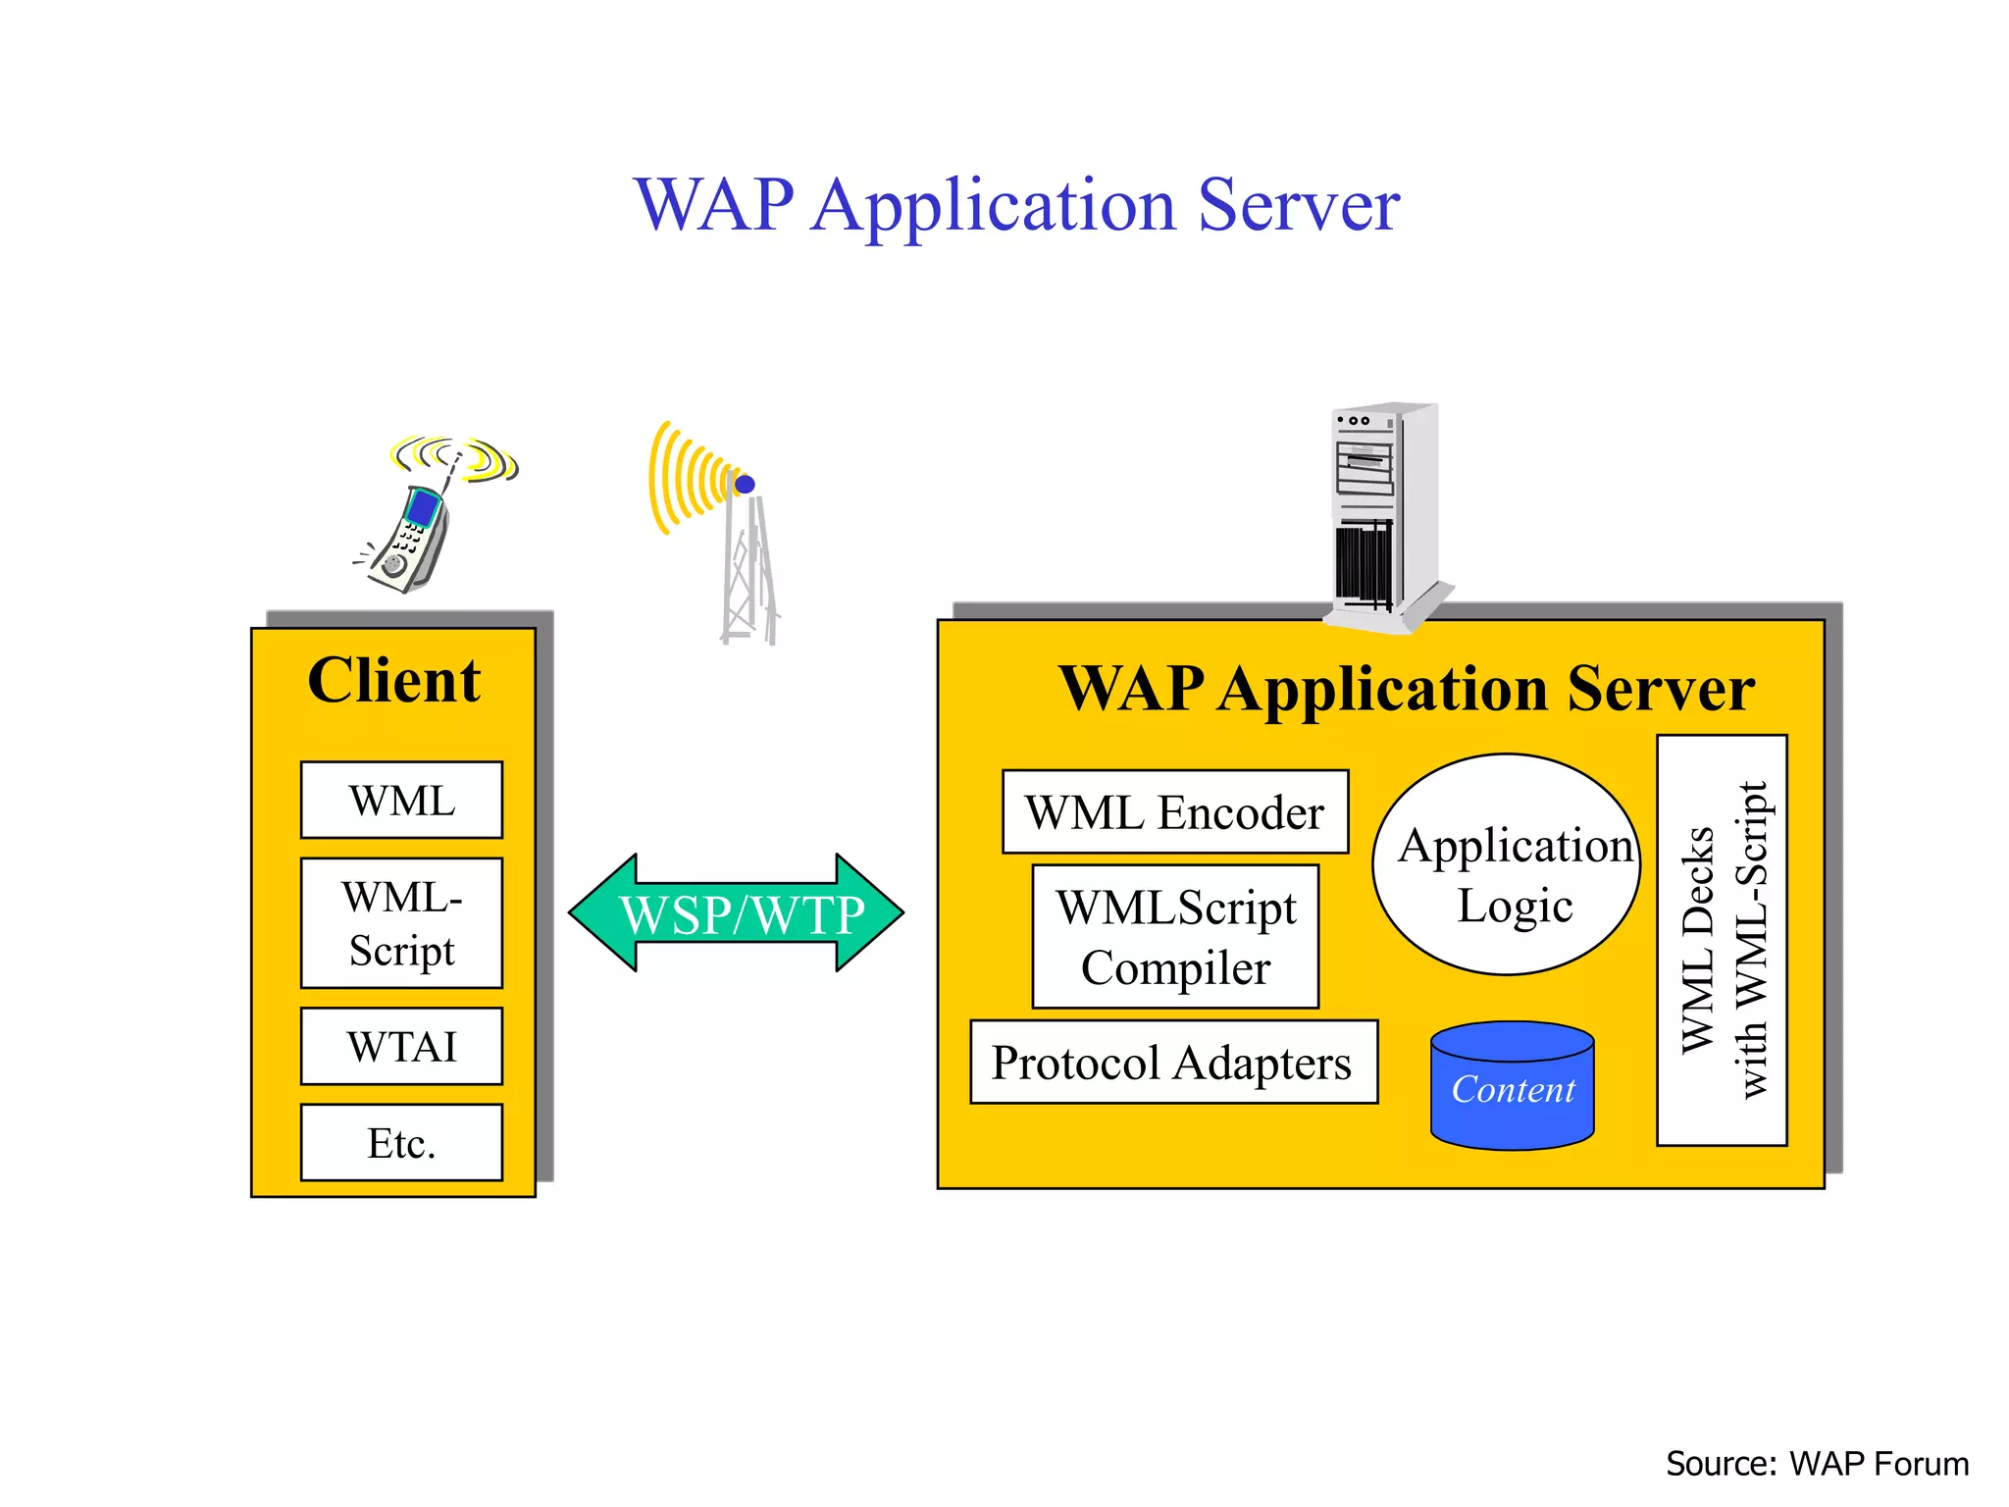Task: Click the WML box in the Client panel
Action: (401, 800)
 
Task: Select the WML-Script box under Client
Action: (401, 923)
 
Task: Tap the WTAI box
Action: (401, 1046)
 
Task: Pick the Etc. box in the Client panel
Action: (401, 1143)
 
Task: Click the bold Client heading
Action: (393, 680)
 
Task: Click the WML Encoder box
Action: (1174, 812)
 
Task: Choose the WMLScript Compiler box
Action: (1175, 937)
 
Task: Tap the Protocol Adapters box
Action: (1173, 1063)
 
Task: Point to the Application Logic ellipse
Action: (1508, 865)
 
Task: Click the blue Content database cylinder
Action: (1512, 1087)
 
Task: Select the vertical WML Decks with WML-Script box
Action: (1722, 940)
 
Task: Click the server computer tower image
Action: (1383, 515)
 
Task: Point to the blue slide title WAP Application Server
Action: (1016, 205)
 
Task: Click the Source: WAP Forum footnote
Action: (1816, 1464)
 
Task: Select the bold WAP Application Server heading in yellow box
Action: (1406, 688)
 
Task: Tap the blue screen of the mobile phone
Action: (424, 508)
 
